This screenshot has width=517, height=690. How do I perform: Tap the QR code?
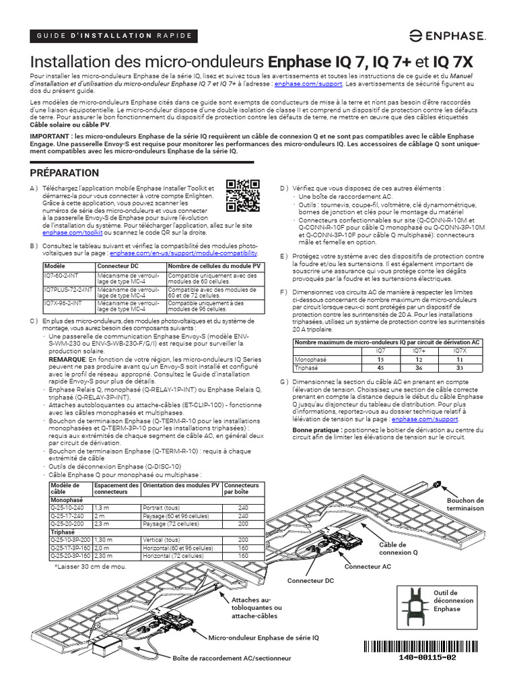point(242,196)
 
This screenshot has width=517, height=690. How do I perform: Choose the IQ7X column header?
point(459,351)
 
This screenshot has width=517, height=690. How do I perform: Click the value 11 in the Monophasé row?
point(459,360)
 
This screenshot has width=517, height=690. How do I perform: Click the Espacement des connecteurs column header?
point(116,489)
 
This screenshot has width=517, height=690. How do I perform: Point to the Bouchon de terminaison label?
point(465,504)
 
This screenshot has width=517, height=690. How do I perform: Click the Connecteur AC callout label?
point(367,567)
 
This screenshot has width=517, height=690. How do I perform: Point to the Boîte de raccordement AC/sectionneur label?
point(232,658)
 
